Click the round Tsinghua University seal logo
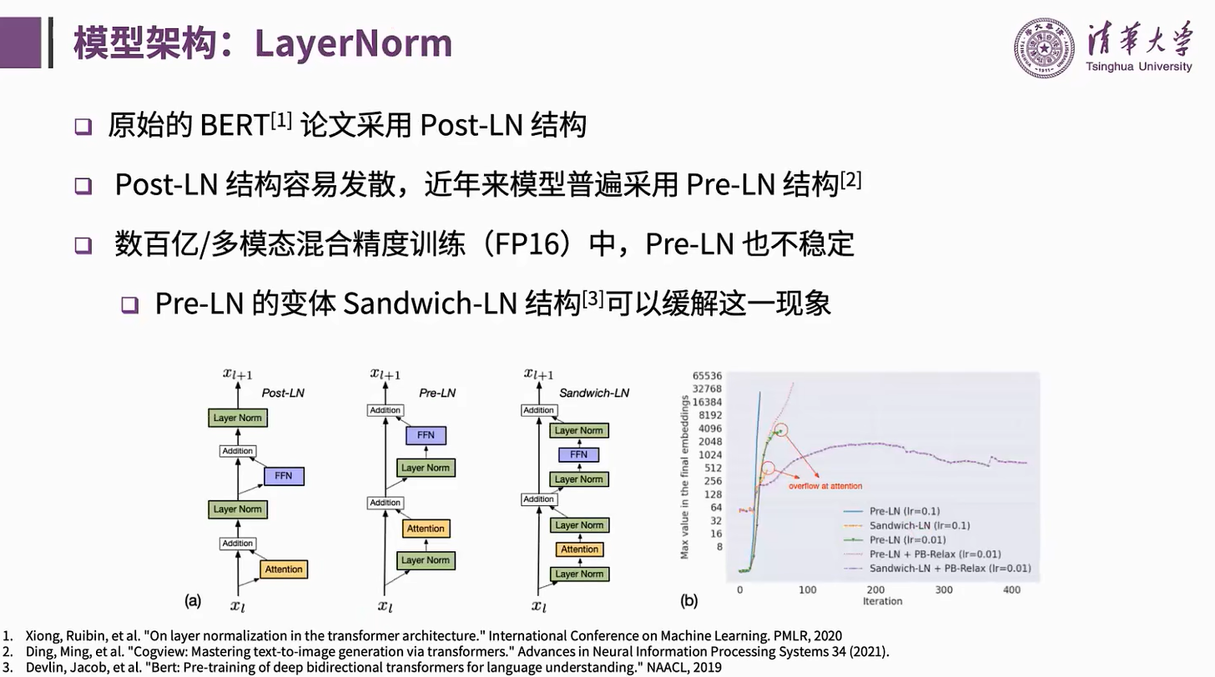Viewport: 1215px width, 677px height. tap(1045, 48)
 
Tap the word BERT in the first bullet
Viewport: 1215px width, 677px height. tap(233, 126)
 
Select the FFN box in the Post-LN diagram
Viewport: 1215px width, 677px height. tap(283, 476)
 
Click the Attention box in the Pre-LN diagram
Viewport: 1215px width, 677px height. tap(426, 529)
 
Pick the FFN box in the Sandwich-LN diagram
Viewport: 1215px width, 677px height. tap(579, 454)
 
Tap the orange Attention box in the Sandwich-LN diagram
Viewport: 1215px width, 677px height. tap(579, 549)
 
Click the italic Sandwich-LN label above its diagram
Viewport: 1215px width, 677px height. tap(594, 393)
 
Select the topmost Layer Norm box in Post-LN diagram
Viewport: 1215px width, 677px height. tap(238, 418)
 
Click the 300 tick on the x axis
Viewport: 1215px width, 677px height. tap(944, 589)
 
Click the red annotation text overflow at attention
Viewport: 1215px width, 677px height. tap(825, 485)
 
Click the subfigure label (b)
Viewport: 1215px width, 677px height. tap(689, 600)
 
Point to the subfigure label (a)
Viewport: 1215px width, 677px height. tap(193, 600)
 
